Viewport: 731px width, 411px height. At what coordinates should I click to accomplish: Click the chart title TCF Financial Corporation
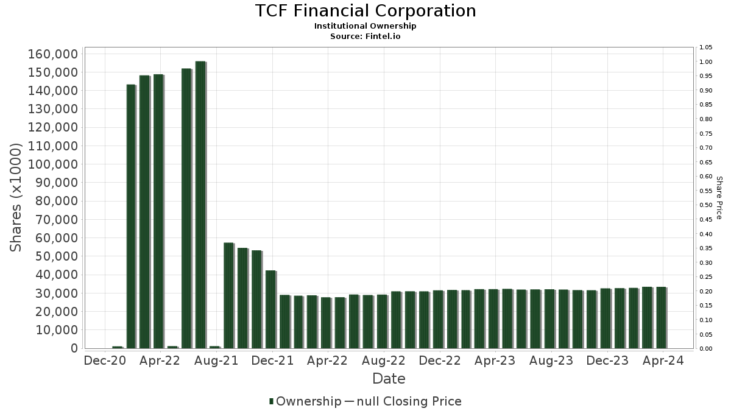[x=365, y=11]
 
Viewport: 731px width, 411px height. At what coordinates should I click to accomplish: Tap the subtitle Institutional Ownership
[x=365, y=26]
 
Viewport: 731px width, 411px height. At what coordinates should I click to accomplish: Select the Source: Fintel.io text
[x=365, y=36]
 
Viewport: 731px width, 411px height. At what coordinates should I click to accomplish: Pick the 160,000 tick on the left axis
[x=53, y=54]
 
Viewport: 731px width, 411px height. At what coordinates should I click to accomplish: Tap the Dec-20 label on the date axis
[x=105, y=361]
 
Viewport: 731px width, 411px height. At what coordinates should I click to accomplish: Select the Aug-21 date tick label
[x=216, y=361]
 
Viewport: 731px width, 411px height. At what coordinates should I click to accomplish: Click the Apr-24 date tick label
[x=663, y=361]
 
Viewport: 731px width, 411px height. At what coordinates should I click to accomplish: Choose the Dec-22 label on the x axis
[x=440, y=361]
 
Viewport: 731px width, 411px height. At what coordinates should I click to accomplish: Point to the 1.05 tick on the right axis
[x=706, y=47]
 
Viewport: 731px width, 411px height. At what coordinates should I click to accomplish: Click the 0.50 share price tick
[x=706, y=205]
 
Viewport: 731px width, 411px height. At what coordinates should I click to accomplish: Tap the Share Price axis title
[x=719, y=198]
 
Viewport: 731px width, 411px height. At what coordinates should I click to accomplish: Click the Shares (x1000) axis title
[x=16, y=198]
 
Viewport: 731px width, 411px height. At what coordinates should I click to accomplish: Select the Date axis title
[x=389, y=379]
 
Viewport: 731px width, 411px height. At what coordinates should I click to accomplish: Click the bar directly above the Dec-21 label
[x=271, y=309]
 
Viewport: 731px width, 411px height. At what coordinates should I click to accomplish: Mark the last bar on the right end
[x=661, y=318]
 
